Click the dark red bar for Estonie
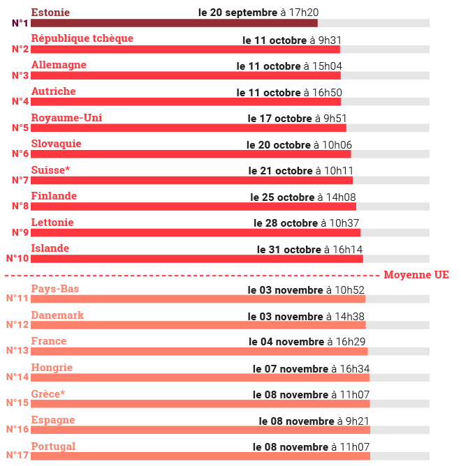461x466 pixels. click(x=174, y=23)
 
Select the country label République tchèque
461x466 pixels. click(x=82, y=38)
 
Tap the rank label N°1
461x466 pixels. click(x=20, y=23)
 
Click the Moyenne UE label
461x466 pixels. click(x=416, y=276)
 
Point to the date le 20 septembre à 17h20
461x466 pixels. click(x=258, y=13)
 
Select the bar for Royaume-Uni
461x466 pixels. click(x=188, y=128)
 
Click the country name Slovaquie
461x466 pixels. click(x=56, y=144)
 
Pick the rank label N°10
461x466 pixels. click(x=17, y=258)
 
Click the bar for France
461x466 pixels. click(x=198, y=352)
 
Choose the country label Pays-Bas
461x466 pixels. click(x=55, y=289)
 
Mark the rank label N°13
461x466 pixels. click(x=17, y=350)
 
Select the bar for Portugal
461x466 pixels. click(x=200, y=456)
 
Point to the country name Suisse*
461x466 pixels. click(x=50, y=170)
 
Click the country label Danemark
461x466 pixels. click(x=57, y=315)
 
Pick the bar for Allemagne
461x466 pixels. click(x=185, y=75)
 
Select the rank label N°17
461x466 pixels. click(x=17, y=455)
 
